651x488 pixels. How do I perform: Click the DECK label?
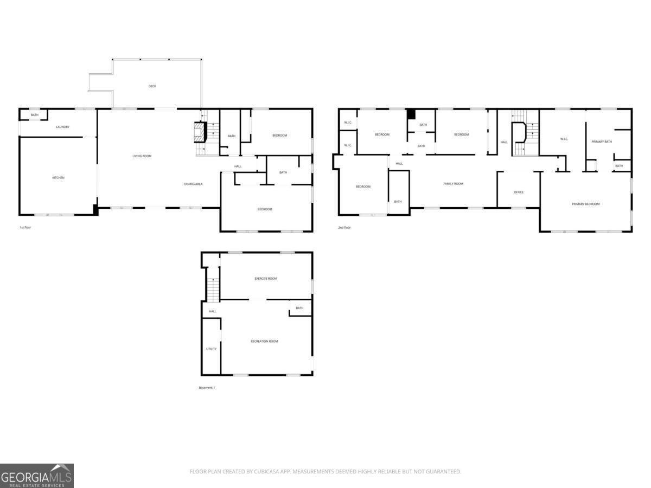pyautogui.click(x=152, y=86)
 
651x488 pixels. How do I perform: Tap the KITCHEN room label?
pyautogui.click(x=58, y=178)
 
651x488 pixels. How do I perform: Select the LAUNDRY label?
pyautogui.click(x=63, y=127)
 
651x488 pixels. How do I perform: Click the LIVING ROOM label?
pyautogui.click(x=142, y=156)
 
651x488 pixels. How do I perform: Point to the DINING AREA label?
pyautogui.click(x=193, y=184)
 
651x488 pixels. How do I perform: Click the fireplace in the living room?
pyautogui.click(x=200, y=132)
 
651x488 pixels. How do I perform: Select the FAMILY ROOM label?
pyautogui.click(x=453, y=184)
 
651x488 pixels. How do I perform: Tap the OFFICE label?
pyautogui.click(x=519, y=192)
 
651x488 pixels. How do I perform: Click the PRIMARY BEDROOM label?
pyautogui.click(x=586, y=204)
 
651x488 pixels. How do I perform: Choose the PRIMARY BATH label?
pyautogui.click(x=602, y=142)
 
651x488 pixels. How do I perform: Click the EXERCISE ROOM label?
pyautogui.click(x=266, y=279)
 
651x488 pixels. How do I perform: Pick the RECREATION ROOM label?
pyautogui.click(x=264, y=341)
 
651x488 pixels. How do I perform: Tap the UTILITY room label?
pyautogui.click(x=211, y=349)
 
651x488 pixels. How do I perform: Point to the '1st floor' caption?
pyautogui.click(x=25, y=227)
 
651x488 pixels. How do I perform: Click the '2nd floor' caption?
pyautogui.click(x=344, y=227)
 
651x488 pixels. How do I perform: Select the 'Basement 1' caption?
pyautogui.click(x=207, y=388)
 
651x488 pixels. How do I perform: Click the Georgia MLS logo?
pyautogui.click(x=36, y=476)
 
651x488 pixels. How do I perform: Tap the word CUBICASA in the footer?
pyautogui.click(x=265, y=472)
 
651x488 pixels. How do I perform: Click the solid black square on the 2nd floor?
pyautogui.click(x=411, y=114)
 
